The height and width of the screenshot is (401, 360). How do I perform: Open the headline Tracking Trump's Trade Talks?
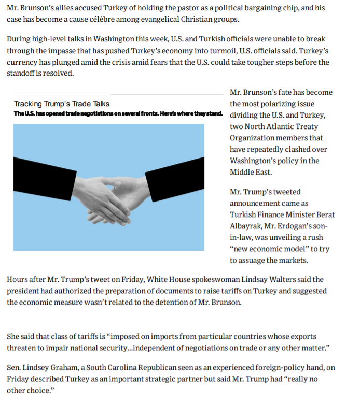tap(61, 104)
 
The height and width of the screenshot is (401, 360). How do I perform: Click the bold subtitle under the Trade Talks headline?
tap(118, 113)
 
